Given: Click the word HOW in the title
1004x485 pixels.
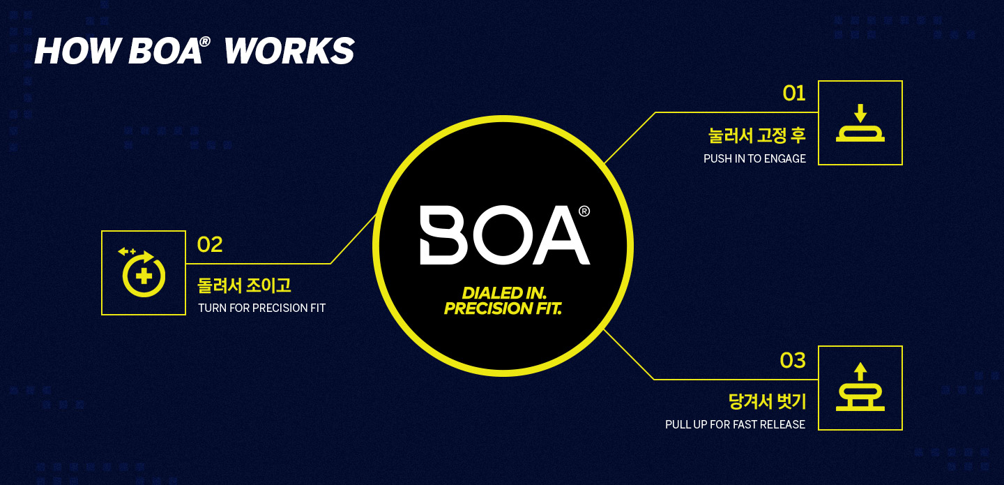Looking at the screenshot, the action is (78, 51).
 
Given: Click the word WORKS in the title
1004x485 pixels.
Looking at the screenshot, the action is (289, 51).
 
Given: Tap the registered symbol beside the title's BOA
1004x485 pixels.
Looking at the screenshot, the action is (205, 42).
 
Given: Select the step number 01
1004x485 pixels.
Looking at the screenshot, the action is (793, 94).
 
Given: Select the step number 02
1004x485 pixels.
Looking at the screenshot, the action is (210, 244).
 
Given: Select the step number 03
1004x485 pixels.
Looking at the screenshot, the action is (793, 360).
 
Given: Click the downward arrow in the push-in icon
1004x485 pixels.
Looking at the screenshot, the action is (860, 114).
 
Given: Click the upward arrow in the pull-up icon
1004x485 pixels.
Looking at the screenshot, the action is (860, 371).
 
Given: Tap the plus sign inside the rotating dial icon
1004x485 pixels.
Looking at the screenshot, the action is (144, 276).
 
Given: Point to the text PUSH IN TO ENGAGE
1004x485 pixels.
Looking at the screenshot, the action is (754, 159).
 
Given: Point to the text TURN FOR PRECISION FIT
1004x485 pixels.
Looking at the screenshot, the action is (261, 308).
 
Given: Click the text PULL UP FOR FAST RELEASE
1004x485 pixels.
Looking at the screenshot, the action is (735, 424).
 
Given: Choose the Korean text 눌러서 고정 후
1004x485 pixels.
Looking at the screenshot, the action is (757, 135).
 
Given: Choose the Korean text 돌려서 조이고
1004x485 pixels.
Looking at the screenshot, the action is (244, 285).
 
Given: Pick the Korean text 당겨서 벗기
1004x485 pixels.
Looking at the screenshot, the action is (767, 401).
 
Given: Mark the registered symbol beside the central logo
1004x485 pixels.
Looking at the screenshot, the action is (584, 211).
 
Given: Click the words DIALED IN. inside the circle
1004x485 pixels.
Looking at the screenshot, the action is (504, 293).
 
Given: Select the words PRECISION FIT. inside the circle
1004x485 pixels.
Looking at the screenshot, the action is (503, 308).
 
